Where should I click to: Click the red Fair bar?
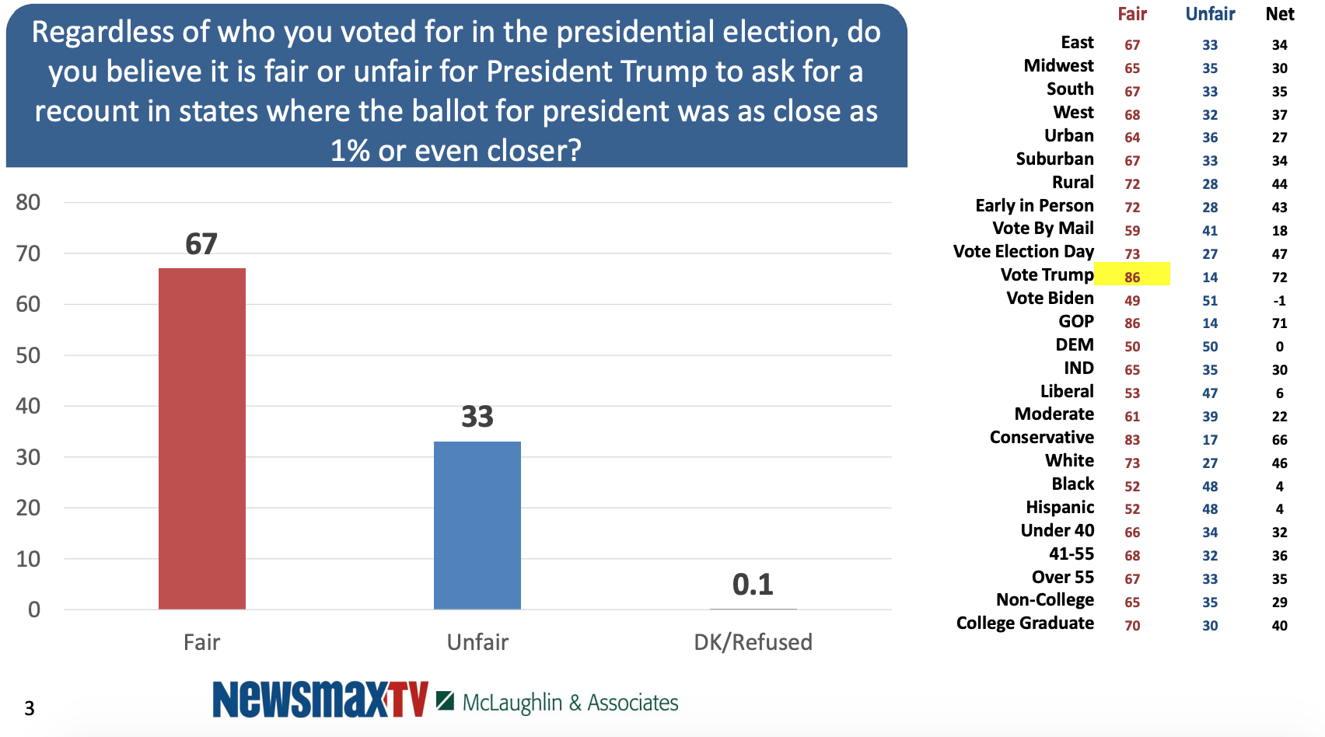pyautogui.click(x=202, y=438)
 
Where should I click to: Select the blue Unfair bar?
pyautogui.click(x=477, y=525)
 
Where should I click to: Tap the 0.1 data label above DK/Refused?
pyautogui.click(x=753, y=585)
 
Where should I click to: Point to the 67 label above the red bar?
pyautogui.click(x=201, y=244)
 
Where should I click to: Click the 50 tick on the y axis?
pyautogui.click(x=28, y=355)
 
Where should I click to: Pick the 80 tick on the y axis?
pyautogui.click(x=28, y=203)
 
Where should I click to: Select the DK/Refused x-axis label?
pyautogui.click(x=753, y=642)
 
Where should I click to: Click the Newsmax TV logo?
pyautogui.click(x=320, y=699)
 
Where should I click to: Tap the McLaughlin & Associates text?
pyautogui.click(x=570, y=703)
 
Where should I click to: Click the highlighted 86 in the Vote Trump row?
pyautogui.click(x=1132, y=277)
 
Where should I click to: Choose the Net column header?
pyautogui.click(x=1280, y=14)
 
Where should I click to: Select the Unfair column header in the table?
pyautogui.click(x=1210, y=14)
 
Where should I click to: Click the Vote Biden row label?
pyautogui.click(x=1050, y=299)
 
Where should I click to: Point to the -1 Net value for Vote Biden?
pyautogui.click(x=1280, y=301)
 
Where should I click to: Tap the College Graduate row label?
pyautogui.click(x=1025, y=623)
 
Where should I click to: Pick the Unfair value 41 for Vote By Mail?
pyautogui.click(x=1210, y=231)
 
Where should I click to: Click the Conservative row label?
pyautogui.click(x=1041, y=438)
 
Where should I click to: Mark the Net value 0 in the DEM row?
pyautogui.click(x=1280, y=347)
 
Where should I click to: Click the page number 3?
pyautogui.click(x=30, y=708)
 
